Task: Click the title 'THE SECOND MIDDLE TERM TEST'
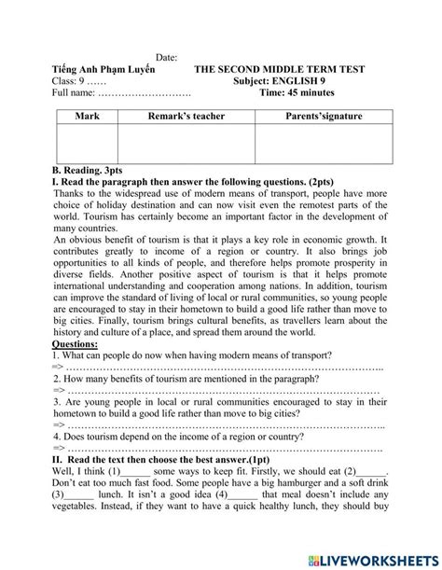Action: click(x=279, y=70)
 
